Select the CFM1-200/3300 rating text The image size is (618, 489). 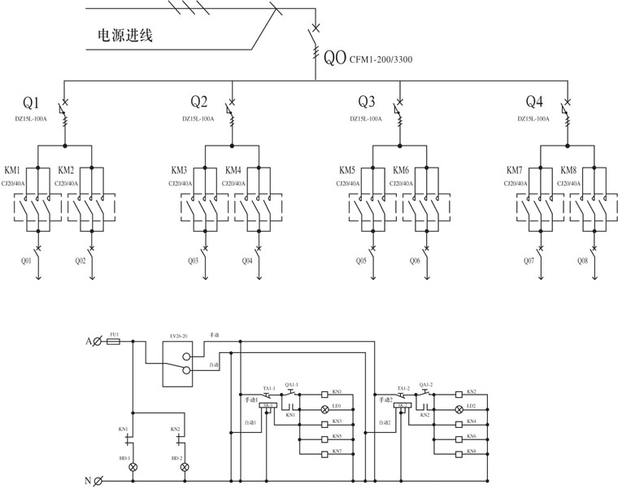[x=380, y=59]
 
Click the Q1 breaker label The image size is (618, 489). [x=31, y=103]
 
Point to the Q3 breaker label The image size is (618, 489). [x=368, y=103]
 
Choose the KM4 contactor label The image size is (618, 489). [x=233, y=171]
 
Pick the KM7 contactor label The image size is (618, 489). [x=514, y=171]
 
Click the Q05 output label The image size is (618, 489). [x=360, y=261]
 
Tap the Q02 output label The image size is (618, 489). [x=81, y=261]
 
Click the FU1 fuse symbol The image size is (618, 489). [x=115, y=343]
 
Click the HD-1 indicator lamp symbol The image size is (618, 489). [x=134, y=468]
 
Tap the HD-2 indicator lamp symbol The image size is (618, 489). [x=184, y=468]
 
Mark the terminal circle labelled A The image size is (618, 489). [x=98, y=343]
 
